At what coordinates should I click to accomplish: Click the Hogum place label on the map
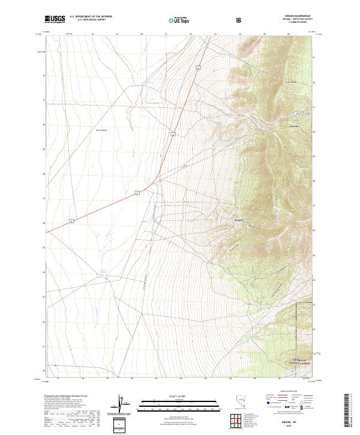click(238, 220)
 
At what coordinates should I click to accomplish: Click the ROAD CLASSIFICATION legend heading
click(291, 391)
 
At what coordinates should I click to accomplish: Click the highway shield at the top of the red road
click(197, 70)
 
